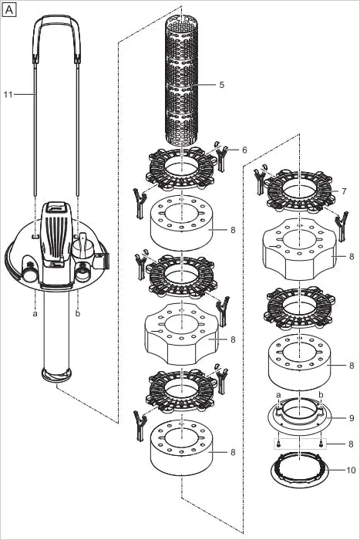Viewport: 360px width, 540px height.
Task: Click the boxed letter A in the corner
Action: [9, 9]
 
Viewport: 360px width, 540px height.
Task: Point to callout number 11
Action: [8, 93]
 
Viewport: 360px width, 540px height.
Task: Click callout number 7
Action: [344, 191]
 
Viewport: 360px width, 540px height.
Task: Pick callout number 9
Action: [351, 418]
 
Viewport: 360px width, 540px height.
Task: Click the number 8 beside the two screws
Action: [351, 444]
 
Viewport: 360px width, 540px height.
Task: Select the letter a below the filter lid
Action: [35, 314]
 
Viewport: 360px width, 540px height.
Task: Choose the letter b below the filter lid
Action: [79, 314]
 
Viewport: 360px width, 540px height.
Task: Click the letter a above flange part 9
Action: [278, 395]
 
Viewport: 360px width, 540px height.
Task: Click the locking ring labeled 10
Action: [298, 471]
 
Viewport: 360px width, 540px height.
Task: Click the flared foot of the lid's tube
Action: [58, 376]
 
